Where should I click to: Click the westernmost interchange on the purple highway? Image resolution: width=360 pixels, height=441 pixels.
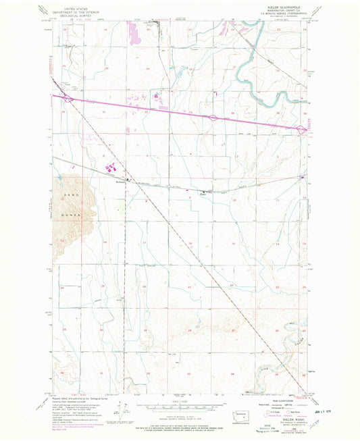pyautogui.click(x=69, y=99)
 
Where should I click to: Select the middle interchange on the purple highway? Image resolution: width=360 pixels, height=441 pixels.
pyautogui.click(x=211, y=118)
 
